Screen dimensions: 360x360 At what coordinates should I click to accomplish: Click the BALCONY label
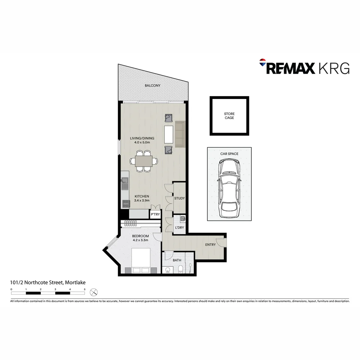point(152,86)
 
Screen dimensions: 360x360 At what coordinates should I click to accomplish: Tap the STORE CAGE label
point(229,116)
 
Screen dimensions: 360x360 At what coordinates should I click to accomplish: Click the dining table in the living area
point(144,161)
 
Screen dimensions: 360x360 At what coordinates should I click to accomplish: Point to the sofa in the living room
point(180,134)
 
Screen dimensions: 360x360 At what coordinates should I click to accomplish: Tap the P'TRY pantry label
point(155,214)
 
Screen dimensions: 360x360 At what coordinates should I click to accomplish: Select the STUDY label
point(179,198)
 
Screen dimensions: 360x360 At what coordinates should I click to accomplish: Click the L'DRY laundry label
point(179,228)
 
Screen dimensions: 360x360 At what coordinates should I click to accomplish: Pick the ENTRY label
point(210,245)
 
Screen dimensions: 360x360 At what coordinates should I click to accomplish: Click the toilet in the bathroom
point(180,269)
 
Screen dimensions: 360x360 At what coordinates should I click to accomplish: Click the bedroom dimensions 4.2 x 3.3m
point(140,240)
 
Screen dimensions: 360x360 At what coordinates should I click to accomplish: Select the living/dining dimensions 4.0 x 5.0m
point(142,143)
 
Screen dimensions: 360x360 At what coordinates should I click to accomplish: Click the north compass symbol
point(94,292)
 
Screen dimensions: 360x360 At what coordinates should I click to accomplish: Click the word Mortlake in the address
point(75,283)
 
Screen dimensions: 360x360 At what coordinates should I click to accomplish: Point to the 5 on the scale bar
point(85,289)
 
